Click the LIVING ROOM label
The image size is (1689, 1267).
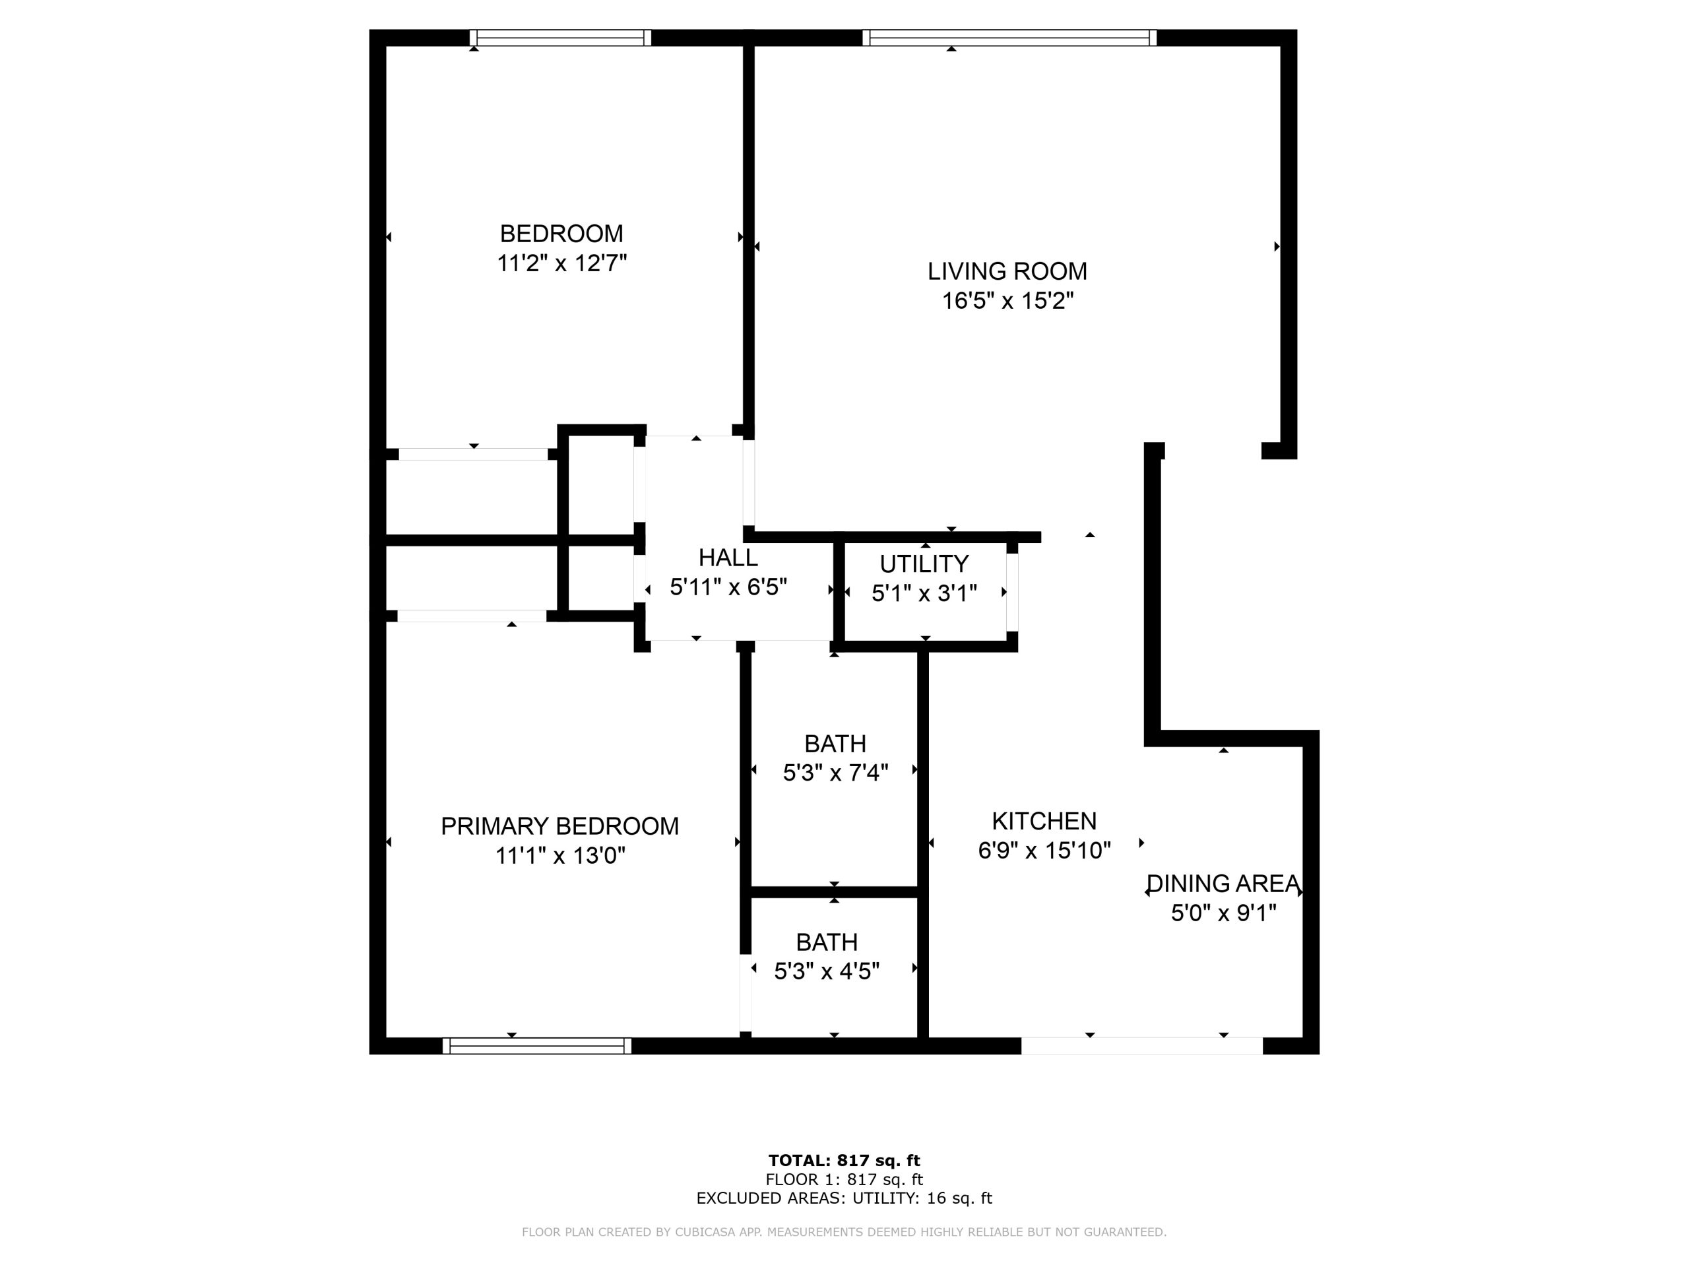[1007, 271]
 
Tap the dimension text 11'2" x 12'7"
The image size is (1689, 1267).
[562, 263]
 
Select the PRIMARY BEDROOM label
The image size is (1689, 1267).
[559, 826]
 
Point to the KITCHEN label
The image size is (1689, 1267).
[1044, 821]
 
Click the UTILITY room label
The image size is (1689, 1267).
[924, 564]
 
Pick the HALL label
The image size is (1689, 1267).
[728, 558]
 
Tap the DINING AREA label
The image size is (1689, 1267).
[1223, 884]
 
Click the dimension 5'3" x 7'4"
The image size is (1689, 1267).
[835, 773]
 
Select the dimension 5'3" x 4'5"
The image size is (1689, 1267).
[827, 971]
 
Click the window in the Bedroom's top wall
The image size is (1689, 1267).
[560, 38]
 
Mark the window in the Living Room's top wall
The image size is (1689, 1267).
[1009, 38]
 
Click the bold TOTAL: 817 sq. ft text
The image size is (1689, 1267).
[844, 1161]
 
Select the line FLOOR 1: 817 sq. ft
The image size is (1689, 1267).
[844, 1180]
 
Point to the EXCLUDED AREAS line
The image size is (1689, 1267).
[844, 1198]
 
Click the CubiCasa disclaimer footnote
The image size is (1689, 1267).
[844, 1232]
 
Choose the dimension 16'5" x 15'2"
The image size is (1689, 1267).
[1008, 301]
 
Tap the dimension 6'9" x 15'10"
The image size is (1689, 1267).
[1044, 851]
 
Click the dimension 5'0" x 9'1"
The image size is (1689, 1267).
[1224, 913]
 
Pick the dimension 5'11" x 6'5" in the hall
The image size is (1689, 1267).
[728, 587]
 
